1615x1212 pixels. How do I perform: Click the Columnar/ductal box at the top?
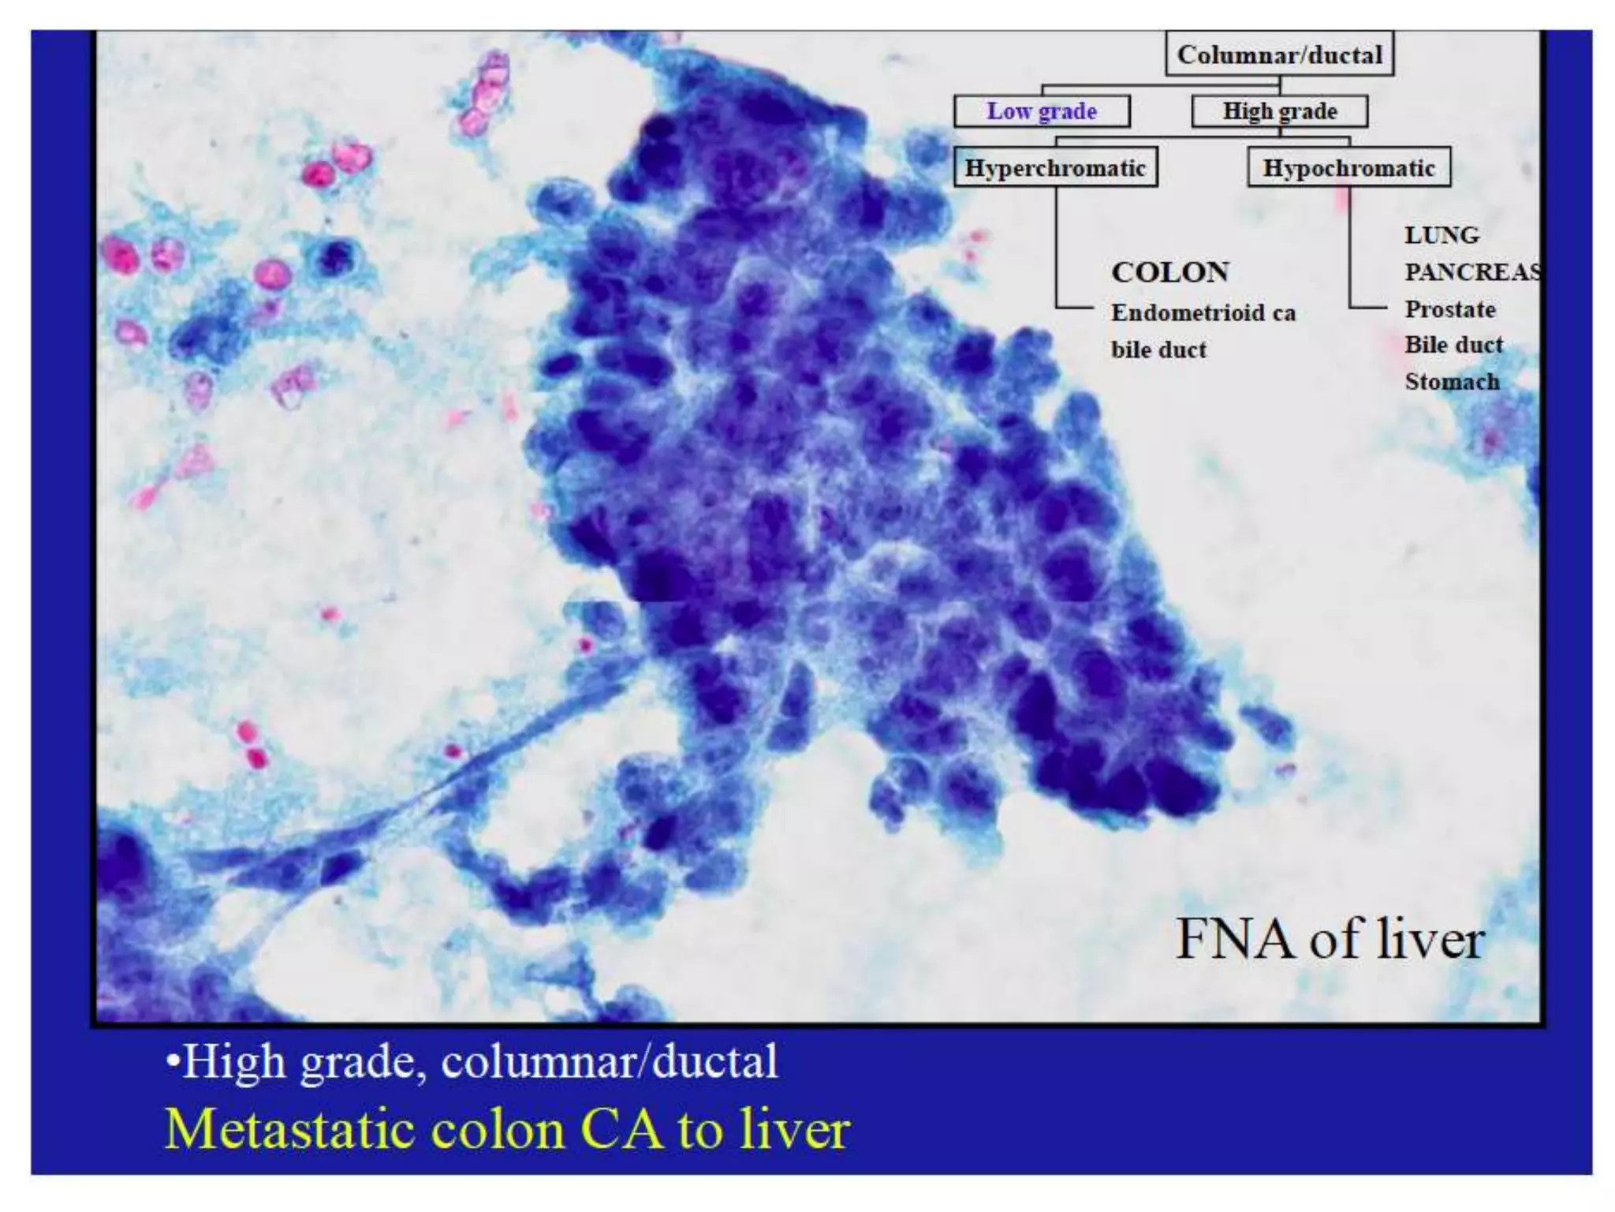coord(1279,54)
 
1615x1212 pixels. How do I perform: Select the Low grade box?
coord(1041,111)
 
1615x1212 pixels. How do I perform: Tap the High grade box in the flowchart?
coord(1279,111)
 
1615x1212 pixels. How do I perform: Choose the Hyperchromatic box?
coord(1055,167)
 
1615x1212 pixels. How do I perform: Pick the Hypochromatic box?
coord(1348,167)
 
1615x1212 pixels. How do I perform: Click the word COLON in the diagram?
coord(1170,272)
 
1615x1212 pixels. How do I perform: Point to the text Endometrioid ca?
coord(1203,313)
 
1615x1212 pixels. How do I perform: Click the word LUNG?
coord(1442,235)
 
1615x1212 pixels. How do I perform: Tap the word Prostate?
coord(1450,309)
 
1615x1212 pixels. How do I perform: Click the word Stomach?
coord(1452,382)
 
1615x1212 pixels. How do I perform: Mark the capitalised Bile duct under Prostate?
coord(1454,345)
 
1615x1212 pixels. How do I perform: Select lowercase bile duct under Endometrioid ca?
coord(1158,350)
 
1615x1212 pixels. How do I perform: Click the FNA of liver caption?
coord(1330,939)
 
